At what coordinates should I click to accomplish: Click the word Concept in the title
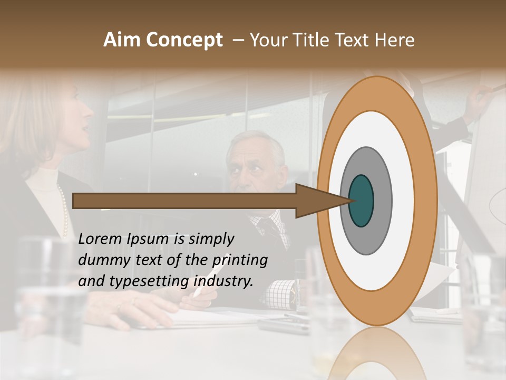pyautogui.click(x=184, y=41)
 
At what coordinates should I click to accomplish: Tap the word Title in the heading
pyautogui.click(x=311, y=40)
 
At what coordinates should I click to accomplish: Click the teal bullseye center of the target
pyautogui.click(x=361, y=201)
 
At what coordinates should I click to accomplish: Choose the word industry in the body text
pyautogui.click(x=223, y=281)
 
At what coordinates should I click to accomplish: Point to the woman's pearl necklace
pyautogui.click(x=64, y=211)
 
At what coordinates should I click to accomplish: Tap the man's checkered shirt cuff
pyautogui.click(x=279, y=293)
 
